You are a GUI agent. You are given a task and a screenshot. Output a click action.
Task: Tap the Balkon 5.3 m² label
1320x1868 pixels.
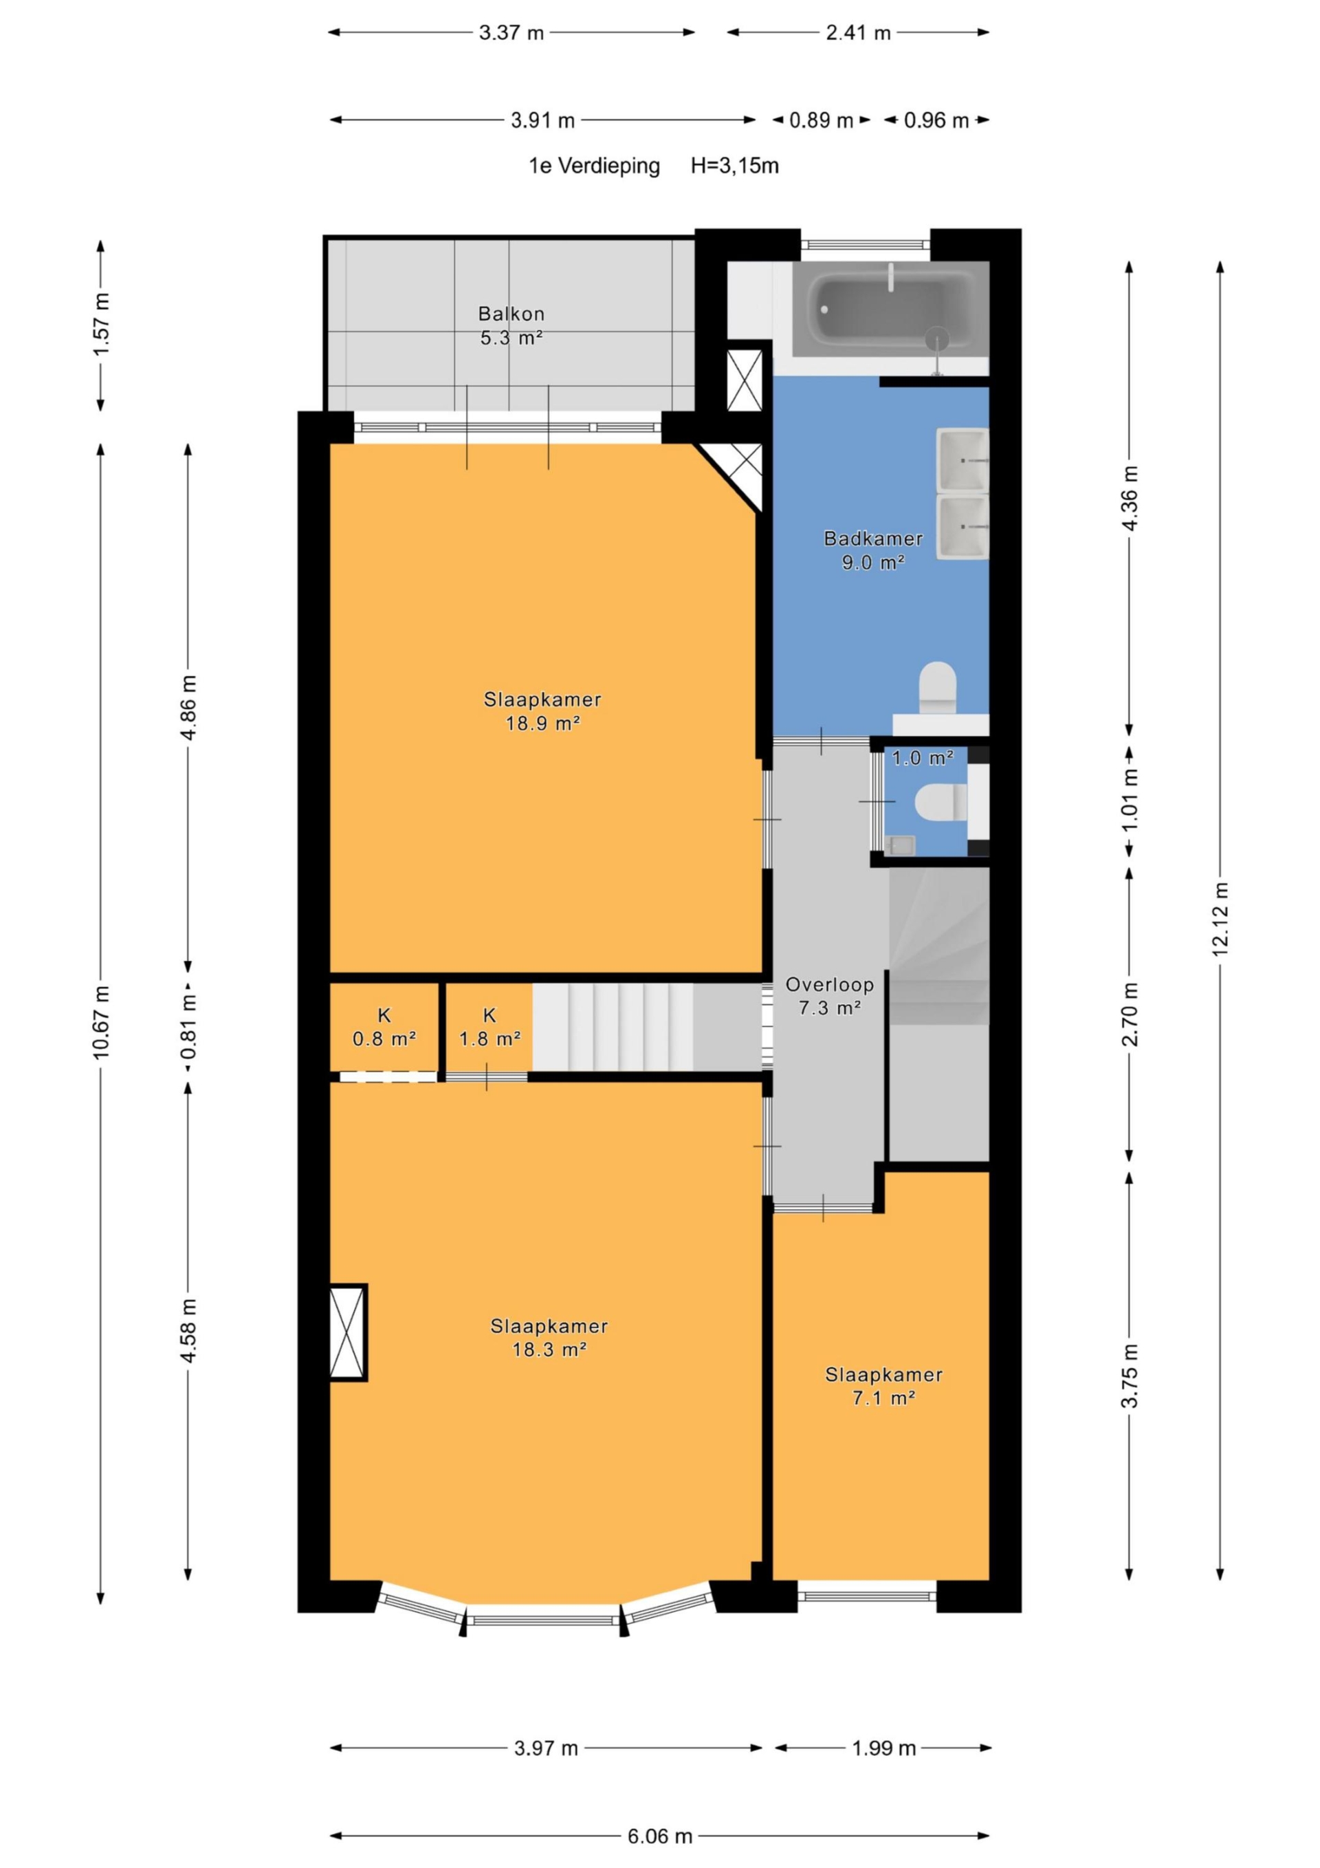coord(511,325)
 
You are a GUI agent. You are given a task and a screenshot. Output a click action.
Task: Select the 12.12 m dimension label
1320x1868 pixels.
coord(1219,919)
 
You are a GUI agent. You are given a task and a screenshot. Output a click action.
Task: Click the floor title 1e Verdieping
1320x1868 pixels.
coord(594,166)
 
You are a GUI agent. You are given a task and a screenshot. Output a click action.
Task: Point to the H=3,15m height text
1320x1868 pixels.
coord(734,166)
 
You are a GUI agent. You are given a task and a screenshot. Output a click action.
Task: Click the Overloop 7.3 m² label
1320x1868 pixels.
coord(830,996)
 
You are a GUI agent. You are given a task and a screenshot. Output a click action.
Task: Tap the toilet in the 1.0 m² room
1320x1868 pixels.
coord(941,801)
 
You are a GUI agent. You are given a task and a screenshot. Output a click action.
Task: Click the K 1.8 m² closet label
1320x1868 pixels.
coord(489,1027)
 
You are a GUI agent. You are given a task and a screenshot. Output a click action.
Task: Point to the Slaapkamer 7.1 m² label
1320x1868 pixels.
coord(883,1387)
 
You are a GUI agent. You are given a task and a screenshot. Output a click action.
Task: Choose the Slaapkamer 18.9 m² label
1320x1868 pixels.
coord(542,711)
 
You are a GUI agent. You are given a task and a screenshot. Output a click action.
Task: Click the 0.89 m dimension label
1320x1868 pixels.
coord(822,120)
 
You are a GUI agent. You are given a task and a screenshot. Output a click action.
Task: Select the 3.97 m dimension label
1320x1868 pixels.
coord(546,1748)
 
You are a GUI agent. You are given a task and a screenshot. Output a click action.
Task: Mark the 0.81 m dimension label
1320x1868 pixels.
coord(188,1028)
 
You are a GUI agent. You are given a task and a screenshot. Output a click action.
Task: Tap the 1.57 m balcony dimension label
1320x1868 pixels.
coord(101,325)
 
